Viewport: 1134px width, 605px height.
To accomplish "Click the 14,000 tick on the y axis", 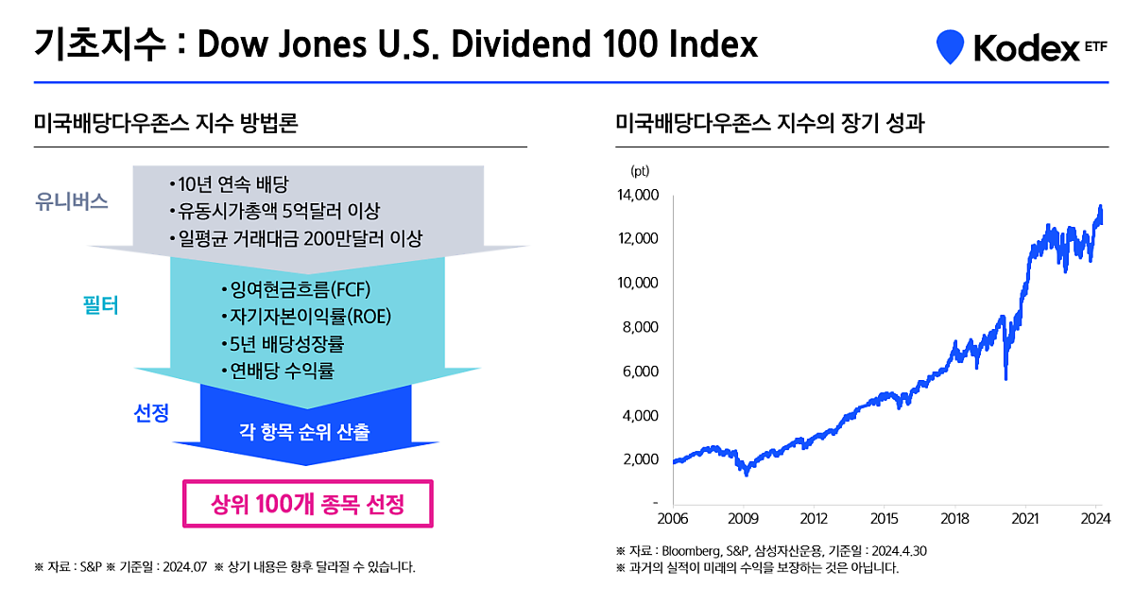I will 637,195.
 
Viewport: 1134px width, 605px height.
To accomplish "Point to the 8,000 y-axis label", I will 641,327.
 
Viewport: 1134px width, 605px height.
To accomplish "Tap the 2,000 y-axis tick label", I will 641,459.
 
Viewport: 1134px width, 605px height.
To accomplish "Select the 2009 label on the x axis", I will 744,518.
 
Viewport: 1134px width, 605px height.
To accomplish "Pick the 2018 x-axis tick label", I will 955,518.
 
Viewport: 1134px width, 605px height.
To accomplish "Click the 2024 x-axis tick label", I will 1094,518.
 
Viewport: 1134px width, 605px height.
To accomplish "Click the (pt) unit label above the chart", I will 639,171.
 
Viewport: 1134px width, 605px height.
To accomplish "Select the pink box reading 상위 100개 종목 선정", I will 307,504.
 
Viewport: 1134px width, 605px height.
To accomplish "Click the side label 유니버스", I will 72,201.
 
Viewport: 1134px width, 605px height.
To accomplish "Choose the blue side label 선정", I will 151,413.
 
